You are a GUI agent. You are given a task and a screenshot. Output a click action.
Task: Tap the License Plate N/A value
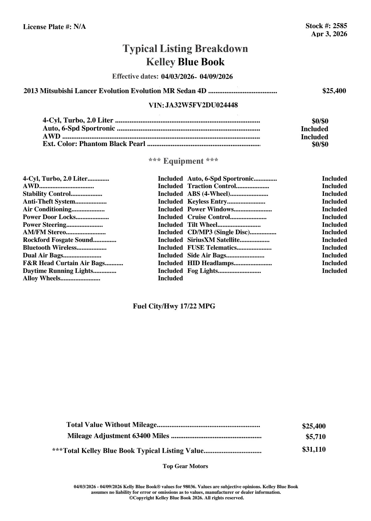click(x=80, y=27)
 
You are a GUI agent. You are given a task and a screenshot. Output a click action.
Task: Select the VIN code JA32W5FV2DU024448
click(x=201, y=105)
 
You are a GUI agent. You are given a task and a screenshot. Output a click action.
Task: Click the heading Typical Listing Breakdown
click(x=185, y=49)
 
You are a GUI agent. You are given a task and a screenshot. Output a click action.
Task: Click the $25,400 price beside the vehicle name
click(x=334, y=91)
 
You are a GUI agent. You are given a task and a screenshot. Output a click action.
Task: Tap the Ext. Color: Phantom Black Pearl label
click(x=94, y=144)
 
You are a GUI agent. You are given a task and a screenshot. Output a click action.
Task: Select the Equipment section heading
click(x=183, y=161)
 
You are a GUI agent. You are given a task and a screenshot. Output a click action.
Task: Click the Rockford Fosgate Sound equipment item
click(x=58, y=240)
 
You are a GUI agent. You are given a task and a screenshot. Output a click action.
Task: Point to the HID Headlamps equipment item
click(x=210, y=263)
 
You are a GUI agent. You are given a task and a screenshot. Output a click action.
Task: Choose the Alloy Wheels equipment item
click(x=41, y=278)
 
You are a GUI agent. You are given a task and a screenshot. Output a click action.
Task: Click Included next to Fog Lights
click(x=334, y=271)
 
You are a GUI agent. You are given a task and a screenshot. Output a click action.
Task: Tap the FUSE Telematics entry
click(x=212, y=248)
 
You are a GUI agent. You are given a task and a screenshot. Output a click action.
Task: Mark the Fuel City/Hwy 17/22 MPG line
click(x=174, y=306)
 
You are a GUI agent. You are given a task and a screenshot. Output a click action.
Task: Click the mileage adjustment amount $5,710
click(x=315, y=437)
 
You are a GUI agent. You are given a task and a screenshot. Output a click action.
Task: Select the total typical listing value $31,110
click(x=314, y=450)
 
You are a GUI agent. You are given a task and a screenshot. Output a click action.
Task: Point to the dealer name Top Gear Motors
click(x=185, y=466)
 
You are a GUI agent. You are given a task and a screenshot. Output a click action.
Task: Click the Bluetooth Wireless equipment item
click(x=49, y=248)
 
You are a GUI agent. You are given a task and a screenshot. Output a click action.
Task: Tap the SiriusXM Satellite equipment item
click(x=213, y=240)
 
